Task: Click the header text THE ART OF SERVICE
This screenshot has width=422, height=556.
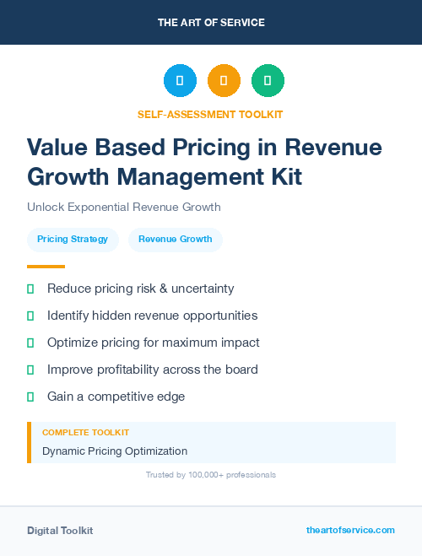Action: (211, 23)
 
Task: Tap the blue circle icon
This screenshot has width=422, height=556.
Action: (180, 81)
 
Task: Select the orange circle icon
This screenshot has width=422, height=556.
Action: (224, 81)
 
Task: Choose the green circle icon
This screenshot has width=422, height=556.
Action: (268, 81)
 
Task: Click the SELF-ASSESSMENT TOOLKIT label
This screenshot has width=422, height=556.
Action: (210, 114)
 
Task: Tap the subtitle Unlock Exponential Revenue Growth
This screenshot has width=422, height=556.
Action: (123, 207)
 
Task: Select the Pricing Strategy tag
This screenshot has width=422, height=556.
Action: (73, 240)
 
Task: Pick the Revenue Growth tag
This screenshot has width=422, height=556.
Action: (176, 240)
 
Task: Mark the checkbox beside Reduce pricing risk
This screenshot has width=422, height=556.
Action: (30, 289)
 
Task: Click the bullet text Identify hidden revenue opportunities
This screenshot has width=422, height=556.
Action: (152, 316)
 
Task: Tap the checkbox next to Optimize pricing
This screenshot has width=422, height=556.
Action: (30, 343)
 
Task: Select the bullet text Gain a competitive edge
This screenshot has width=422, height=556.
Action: (116, 397)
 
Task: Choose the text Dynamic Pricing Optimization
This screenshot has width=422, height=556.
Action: (115, 451)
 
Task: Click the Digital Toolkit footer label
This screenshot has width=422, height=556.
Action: (60, 531)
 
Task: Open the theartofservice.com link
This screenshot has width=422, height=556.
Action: (350, 530)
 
